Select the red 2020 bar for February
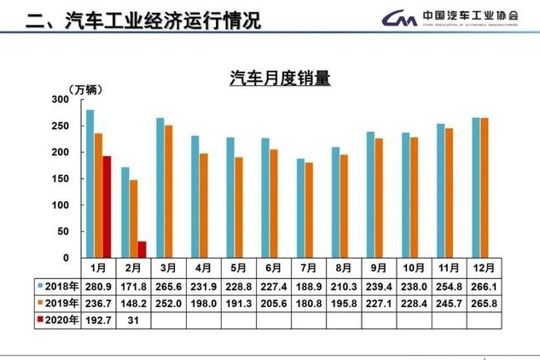click(x=142, y=249)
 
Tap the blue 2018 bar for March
click(x=160, y=188)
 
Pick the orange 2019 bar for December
click(x=485, y=188)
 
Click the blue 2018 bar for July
click(x=300, y=208)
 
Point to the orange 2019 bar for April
click(x=204, y=206)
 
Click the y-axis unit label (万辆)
click(x=74, y=89)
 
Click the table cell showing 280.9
click(x=100, y=285)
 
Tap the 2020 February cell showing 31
click(x=135, y=321)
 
